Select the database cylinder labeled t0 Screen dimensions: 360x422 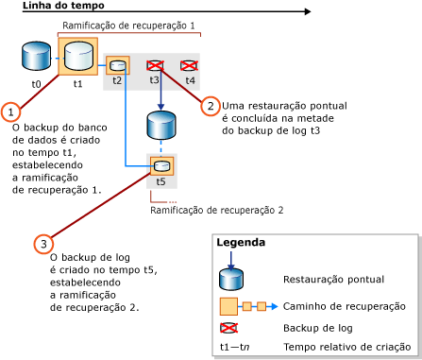(36, 58)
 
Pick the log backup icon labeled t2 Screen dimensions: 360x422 (118, 65)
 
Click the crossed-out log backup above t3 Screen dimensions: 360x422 (157, 65)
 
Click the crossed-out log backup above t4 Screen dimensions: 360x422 (190, 65)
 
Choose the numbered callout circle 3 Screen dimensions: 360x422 (42, 244)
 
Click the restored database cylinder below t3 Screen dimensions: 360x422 (160, 126)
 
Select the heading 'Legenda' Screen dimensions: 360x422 (242, 242)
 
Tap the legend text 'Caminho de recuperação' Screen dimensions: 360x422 (344, 306)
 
